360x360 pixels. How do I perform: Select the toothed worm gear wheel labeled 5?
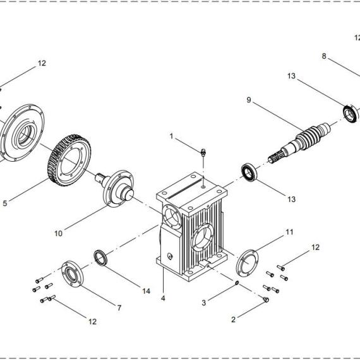[x=70, y=160]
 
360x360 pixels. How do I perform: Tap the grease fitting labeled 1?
[x=203, y=152]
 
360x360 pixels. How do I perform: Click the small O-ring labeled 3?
[x=237, y=284]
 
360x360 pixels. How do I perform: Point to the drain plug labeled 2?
[x=266, y=299]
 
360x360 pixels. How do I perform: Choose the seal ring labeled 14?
[x=100, y=258]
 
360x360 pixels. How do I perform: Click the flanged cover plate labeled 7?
[x=73, y=273]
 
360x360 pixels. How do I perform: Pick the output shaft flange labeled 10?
[x=116, y=188]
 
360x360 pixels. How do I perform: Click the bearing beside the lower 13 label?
[x=249, y=172]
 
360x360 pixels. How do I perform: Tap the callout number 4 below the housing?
[x=163, y=298]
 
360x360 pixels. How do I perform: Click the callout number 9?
[x=249, y=100]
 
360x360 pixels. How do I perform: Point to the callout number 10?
[x=58, y=234]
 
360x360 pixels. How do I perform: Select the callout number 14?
[x=147, y=291]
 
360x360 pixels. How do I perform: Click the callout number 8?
[x=324, y=56]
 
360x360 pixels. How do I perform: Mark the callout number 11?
[x=289, y=232]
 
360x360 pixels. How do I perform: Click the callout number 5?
[x=5, y=203]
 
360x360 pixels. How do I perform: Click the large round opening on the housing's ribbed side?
[x=203, y=238]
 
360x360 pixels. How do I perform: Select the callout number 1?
[x=171, y=136]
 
